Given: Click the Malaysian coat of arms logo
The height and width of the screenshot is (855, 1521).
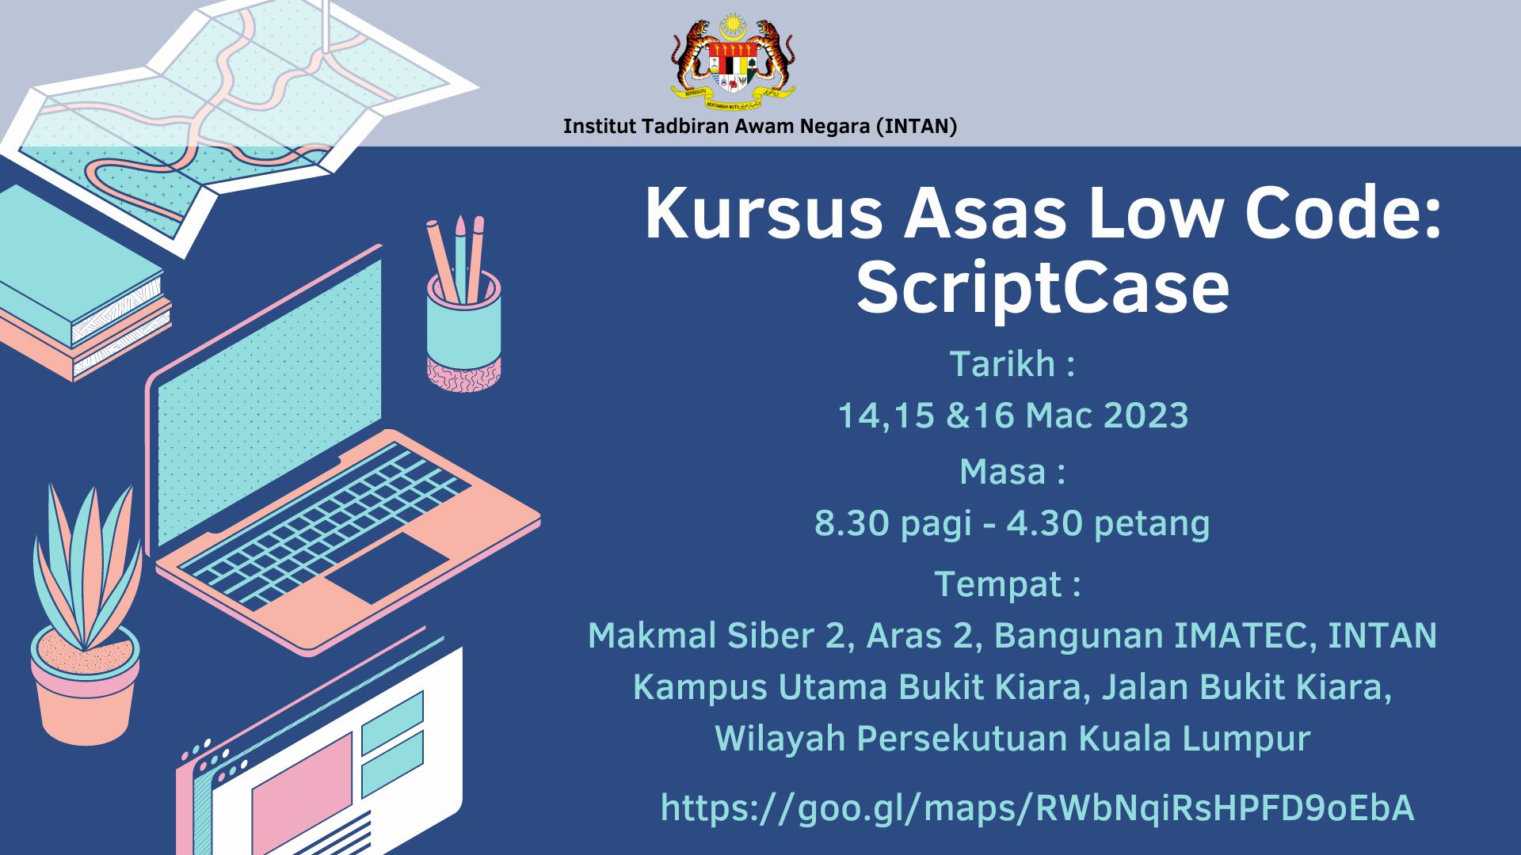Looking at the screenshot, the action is pyautogui.click(x=734, y=59).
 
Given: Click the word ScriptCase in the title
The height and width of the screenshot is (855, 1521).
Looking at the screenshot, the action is pyautogui.click(x=1043, y=288).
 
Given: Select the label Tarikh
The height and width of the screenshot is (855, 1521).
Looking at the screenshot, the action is pyautogui.click(x=1001, y=364).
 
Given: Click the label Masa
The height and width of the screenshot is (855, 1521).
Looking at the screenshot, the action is pyautogui.click(x=1001, y=472).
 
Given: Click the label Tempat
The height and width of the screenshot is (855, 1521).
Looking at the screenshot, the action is pyautogui.click(x=997, y=584).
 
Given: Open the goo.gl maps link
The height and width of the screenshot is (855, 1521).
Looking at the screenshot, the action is pyautogui.click(x=1037, y=809).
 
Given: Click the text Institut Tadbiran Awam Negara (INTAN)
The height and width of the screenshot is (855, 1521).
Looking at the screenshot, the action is pyautogui.click(x=760, y=127).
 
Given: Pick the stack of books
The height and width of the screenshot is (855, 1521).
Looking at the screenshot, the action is pyautogui.click(x=79, y=285).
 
